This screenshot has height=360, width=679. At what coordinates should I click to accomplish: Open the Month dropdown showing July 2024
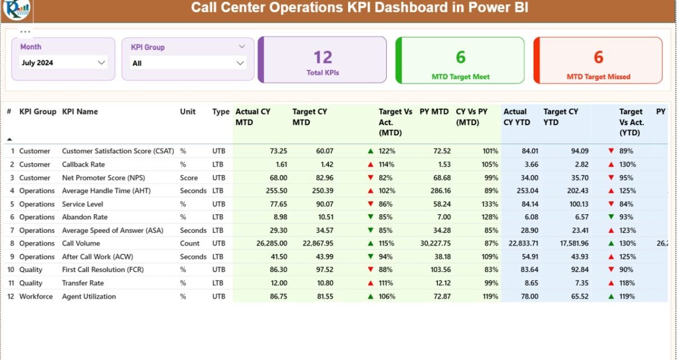click(102, 63)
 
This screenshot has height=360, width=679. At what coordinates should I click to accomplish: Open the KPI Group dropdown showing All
click(240, 63)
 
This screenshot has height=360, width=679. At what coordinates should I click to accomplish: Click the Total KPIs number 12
click(323, 57)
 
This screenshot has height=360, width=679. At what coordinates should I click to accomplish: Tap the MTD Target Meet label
click(460, 77)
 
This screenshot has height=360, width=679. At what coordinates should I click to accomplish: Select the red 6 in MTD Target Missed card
click(598, 57)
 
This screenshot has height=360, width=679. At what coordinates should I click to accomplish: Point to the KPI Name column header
click(80, 112)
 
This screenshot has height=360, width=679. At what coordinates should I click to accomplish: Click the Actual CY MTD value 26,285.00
click(271, 243)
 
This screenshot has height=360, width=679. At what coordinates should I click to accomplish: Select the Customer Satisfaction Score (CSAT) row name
click(118, 151)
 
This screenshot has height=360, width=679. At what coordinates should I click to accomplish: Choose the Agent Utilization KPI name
click(89, 296)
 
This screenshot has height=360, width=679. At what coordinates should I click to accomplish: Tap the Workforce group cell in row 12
click(36, 296)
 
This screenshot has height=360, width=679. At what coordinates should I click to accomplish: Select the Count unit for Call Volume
click(190, 243)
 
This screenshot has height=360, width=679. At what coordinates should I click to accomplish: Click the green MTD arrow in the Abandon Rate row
click(370, 217)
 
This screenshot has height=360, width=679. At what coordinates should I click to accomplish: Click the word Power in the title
click(473, 8)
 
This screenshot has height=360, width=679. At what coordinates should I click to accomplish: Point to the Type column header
click(221, 112)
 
